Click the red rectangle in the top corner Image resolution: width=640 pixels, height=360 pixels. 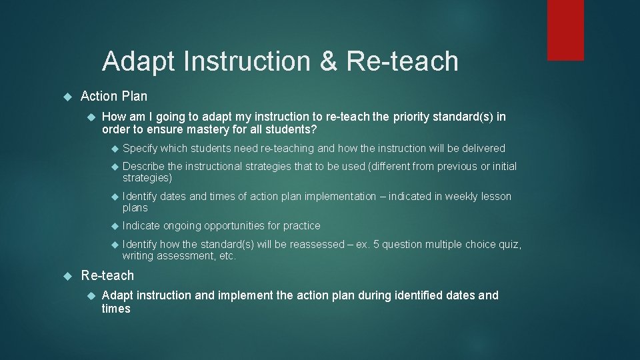[565, 30]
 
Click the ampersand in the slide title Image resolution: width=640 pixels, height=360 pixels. [328, 61]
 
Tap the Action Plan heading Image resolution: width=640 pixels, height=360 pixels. [114, 96]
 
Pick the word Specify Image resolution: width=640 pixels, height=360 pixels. [140, 148]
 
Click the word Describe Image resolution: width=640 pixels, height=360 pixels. [144, 166]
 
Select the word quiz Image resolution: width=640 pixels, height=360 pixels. [510, 244]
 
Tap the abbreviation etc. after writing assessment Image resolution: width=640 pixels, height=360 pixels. [227, 256]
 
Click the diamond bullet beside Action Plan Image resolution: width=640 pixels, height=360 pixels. [67, 97]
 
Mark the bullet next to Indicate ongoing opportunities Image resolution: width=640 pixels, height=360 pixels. [113, 226]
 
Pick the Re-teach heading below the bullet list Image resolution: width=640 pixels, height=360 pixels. [107, 275]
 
